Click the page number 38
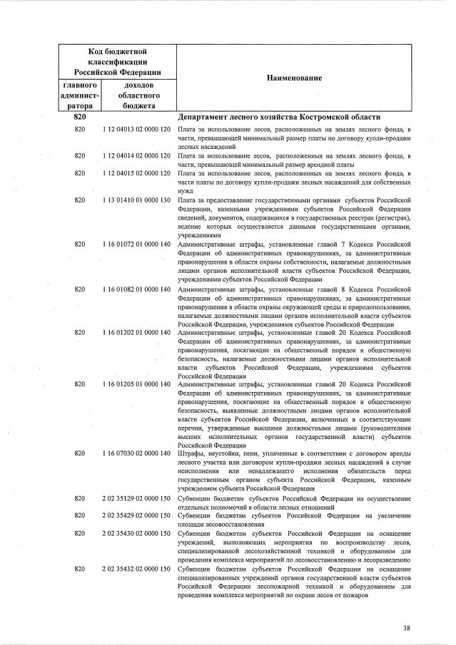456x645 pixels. (x=406, y=627)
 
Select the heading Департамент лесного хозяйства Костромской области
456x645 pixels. (x=278, y=117)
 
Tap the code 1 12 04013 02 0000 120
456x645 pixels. (x=136, y=129)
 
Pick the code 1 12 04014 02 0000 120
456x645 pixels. (x=136, y=154)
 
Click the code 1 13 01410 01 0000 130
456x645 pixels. (x=136, y=201)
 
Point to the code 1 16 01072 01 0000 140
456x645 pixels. (x=136, y=244)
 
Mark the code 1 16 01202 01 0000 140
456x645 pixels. (x=136, y=332)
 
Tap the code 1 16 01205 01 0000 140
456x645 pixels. (x=136, y=383)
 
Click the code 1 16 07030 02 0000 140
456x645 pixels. (x=136, y=453)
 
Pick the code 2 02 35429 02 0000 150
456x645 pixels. (x=136, y=515)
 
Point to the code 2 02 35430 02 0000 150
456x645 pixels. (x=136, y=532)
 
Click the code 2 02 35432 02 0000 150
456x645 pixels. (x=136, y=569)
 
